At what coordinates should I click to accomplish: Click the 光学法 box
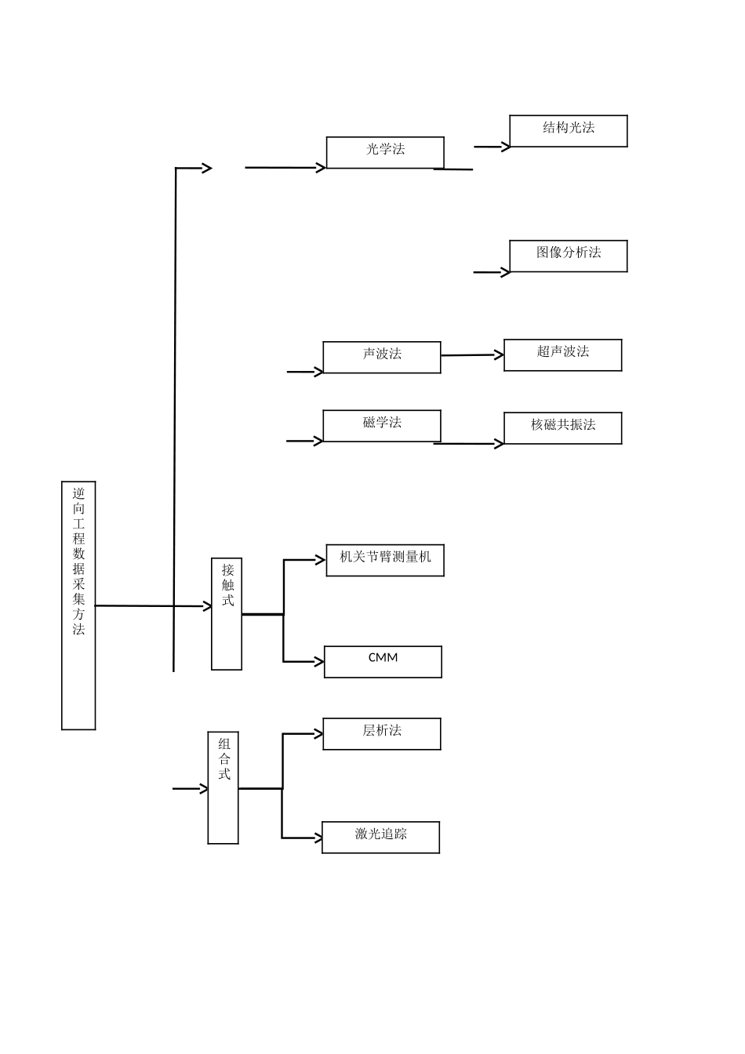point(385,152)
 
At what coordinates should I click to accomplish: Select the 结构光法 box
point(569,131)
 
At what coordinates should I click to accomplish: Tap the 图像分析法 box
point(569,256)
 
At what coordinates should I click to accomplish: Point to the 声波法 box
point(382,357)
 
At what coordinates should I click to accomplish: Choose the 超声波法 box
point(563,354)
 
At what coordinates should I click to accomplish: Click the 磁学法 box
point(382,425)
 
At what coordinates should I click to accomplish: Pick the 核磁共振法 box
point(563,427)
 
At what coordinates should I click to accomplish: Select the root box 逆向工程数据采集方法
point(78,605)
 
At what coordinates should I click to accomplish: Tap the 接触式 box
point(227,613)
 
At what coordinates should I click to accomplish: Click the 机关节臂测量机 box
point(385,560)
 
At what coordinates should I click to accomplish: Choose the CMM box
point(383,661)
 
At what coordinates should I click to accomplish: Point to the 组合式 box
point(223,787)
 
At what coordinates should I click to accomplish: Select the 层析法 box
point(382,733)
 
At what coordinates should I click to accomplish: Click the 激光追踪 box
point(380,837)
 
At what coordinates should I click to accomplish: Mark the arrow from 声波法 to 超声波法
point(472,355)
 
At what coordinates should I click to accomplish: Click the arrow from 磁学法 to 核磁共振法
point(468,444)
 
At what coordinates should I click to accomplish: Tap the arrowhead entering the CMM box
point(320,662)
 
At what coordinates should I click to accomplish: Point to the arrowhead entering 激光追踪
point(318,838)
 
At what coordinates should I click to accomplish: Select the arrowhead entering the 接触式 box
point(208,606)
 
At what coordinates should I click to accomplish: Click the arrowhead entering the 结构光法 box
point(506,147)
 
